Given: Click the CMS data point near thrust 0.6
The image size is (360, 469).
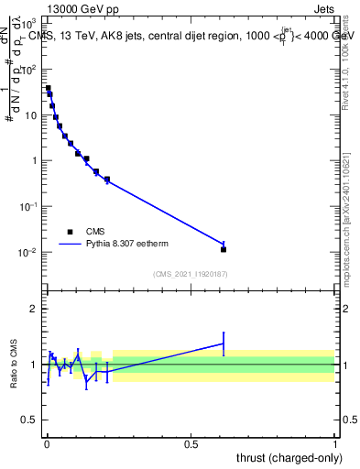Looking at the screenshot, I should click(224, 249).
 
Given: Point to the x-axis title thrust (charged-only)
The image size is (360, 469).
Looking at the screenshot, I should click(285, 457).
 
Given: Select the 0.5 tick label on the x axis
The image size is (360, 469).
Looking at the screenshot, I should click(191, 444).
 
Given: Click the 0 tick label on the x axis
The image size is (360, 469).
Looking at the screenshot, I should click(47, 444).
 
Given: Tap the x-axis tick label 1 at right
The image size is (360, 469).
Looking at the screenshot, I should click(335, 444).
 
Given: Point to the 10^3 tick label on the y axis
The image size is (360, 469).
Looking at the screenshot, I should click(28, 24).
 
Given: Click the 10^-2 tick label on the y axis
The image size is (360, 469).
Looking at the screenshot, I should click(28, 252).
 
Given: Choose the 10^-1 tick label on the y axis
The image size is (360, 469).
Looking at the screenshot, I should click(28, 206).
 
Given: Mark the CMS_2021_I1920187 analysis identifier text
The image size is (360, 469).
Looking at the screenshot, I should click(191, 274).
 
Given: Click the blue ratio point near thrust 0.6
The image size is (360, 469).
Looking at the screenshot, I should click(224, 344).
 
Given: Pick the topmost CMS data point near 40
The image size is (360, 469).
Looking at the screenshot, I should click(48, 89).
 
